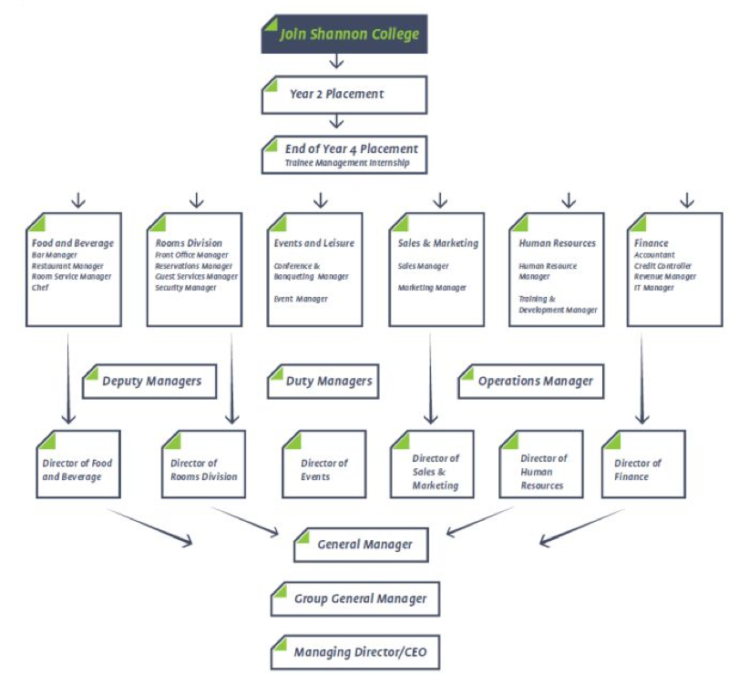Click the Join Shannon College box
pos(344,34)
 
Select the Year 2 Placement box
pos(344,95)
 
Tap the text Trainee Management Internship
pos(347,163)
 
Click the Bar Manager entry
pos(55,255)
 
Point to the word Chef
pos(40,287)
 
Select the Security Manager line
pos(185,287)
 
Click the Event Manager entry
pos(301,299)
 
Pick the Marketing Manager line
pos(432,287)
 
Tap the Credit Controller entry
pos(662,266)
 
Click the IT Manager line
pos(654,287)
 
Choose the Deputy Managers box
pos(149,382)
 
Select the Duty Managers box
pos(323,382)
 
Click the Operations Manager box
pos(530,382)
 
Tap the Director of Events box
pos(324,465)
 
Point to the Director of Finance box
pos(643,465)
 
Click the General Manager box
pos(361,545)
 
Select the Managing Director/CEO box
pos(355,652)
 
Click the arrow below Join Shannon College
pos(337,61)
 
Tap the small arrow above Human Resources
pos(569,200)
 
